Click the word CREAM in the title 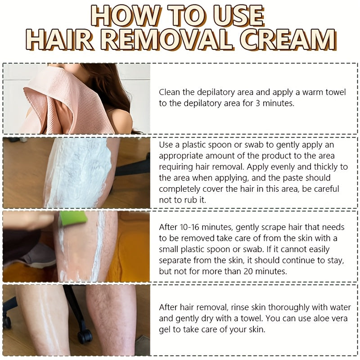tap(288, 40)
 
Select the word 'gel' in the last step tap(165, 330)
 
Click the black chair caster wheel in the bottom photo tap(85, 336)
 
